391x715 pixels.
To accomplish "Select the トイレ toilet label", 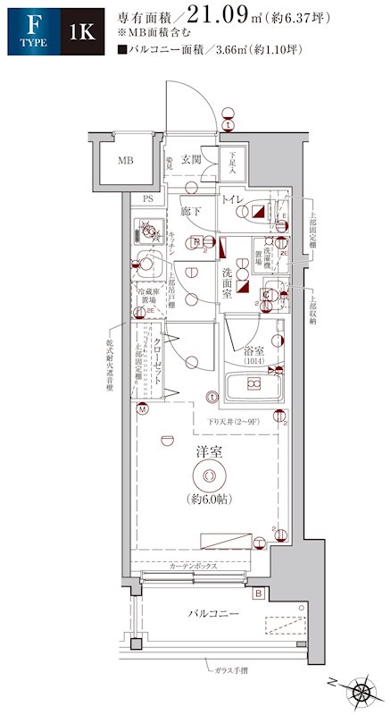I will (234, 198).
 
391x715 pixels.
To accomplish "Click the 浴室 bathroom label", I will (258, 351).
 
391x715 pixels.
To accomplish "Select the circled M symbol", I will (142, 409).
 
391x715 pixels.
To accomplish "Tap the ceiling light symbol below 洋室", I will (209, 476).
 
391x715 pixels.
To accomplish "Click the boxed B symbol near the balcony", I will (258, 593).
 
